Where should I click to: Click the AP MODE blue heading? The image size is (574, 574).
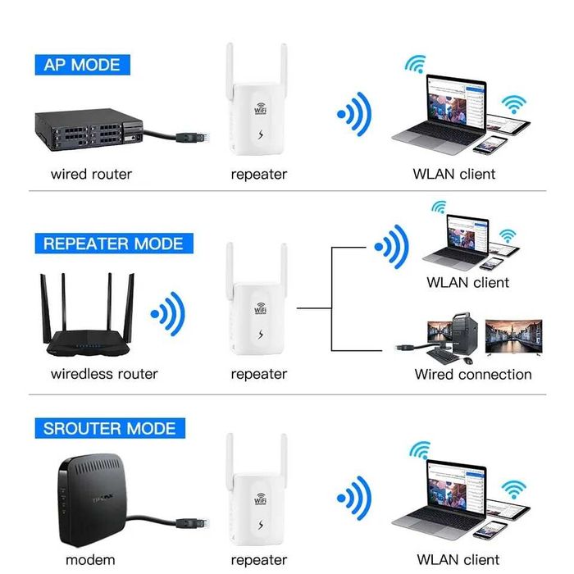(x=81, y=65)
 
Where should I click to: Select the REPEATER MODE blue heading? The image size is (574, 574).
(x=113, y=244)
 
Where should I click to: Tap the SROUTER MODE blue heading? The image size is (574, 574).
(x=109, y=428)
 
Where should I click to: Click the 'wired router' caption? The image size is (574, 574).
(x=91, y=174)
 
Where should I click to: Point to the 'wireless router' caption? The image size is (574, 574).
(x=104, y=374)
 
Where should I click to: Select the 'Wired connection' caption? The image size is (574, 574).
(x=473, y=374)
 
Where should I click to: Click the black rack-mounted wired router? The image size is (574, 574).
(x=83, y=130)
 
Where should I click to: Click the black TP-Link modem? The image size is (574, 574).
(x=91, y=496)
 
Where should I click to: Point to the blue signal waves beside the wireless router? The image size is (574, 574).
(x=168, y=313)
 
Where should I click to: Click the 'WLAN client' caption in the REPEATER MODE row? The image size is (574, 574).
(x=467, y=282)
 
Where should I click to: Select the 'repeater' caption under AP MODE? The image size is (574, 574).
(x=259, y=174)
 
